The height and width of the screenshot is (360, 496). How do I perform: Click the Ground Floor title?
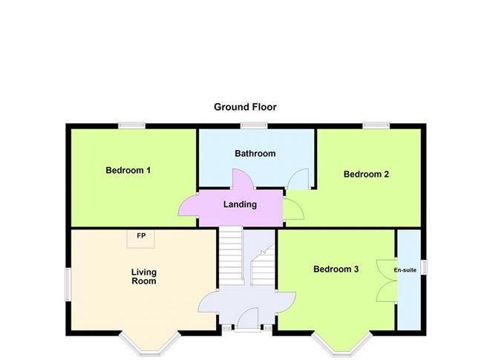click(245, 107)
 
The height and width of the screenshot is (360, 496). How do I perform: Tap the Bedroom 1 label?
click(128, 170)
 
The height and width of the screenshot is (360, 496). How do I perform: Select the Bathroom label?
click(255, 154)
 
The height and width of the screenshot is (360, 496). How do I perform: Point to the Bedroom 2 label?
click(366, 174)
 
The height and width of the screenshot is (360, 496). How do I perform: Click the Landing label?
click(240, 204)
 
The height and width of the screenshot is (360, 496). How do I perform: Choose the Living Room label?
click(144, 276)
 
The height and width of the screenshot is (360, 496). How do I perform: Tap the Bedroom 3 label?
click(336, 269)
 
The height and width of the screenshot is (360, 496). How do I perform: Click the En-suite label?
click(405, 270)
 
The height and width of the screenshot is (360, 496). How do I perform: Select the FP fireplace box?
click(141, 239)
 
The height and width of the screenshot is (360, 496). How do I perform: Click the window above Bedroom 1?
click(132, 125)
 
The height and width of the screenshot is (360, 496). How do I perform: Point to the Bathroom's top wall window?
click(254, 125)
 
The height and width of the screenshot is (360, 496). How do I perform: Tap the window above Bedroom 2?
click(376, 125)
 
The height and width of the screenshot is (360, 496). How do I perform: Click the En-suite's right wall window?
click(424, 266)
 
